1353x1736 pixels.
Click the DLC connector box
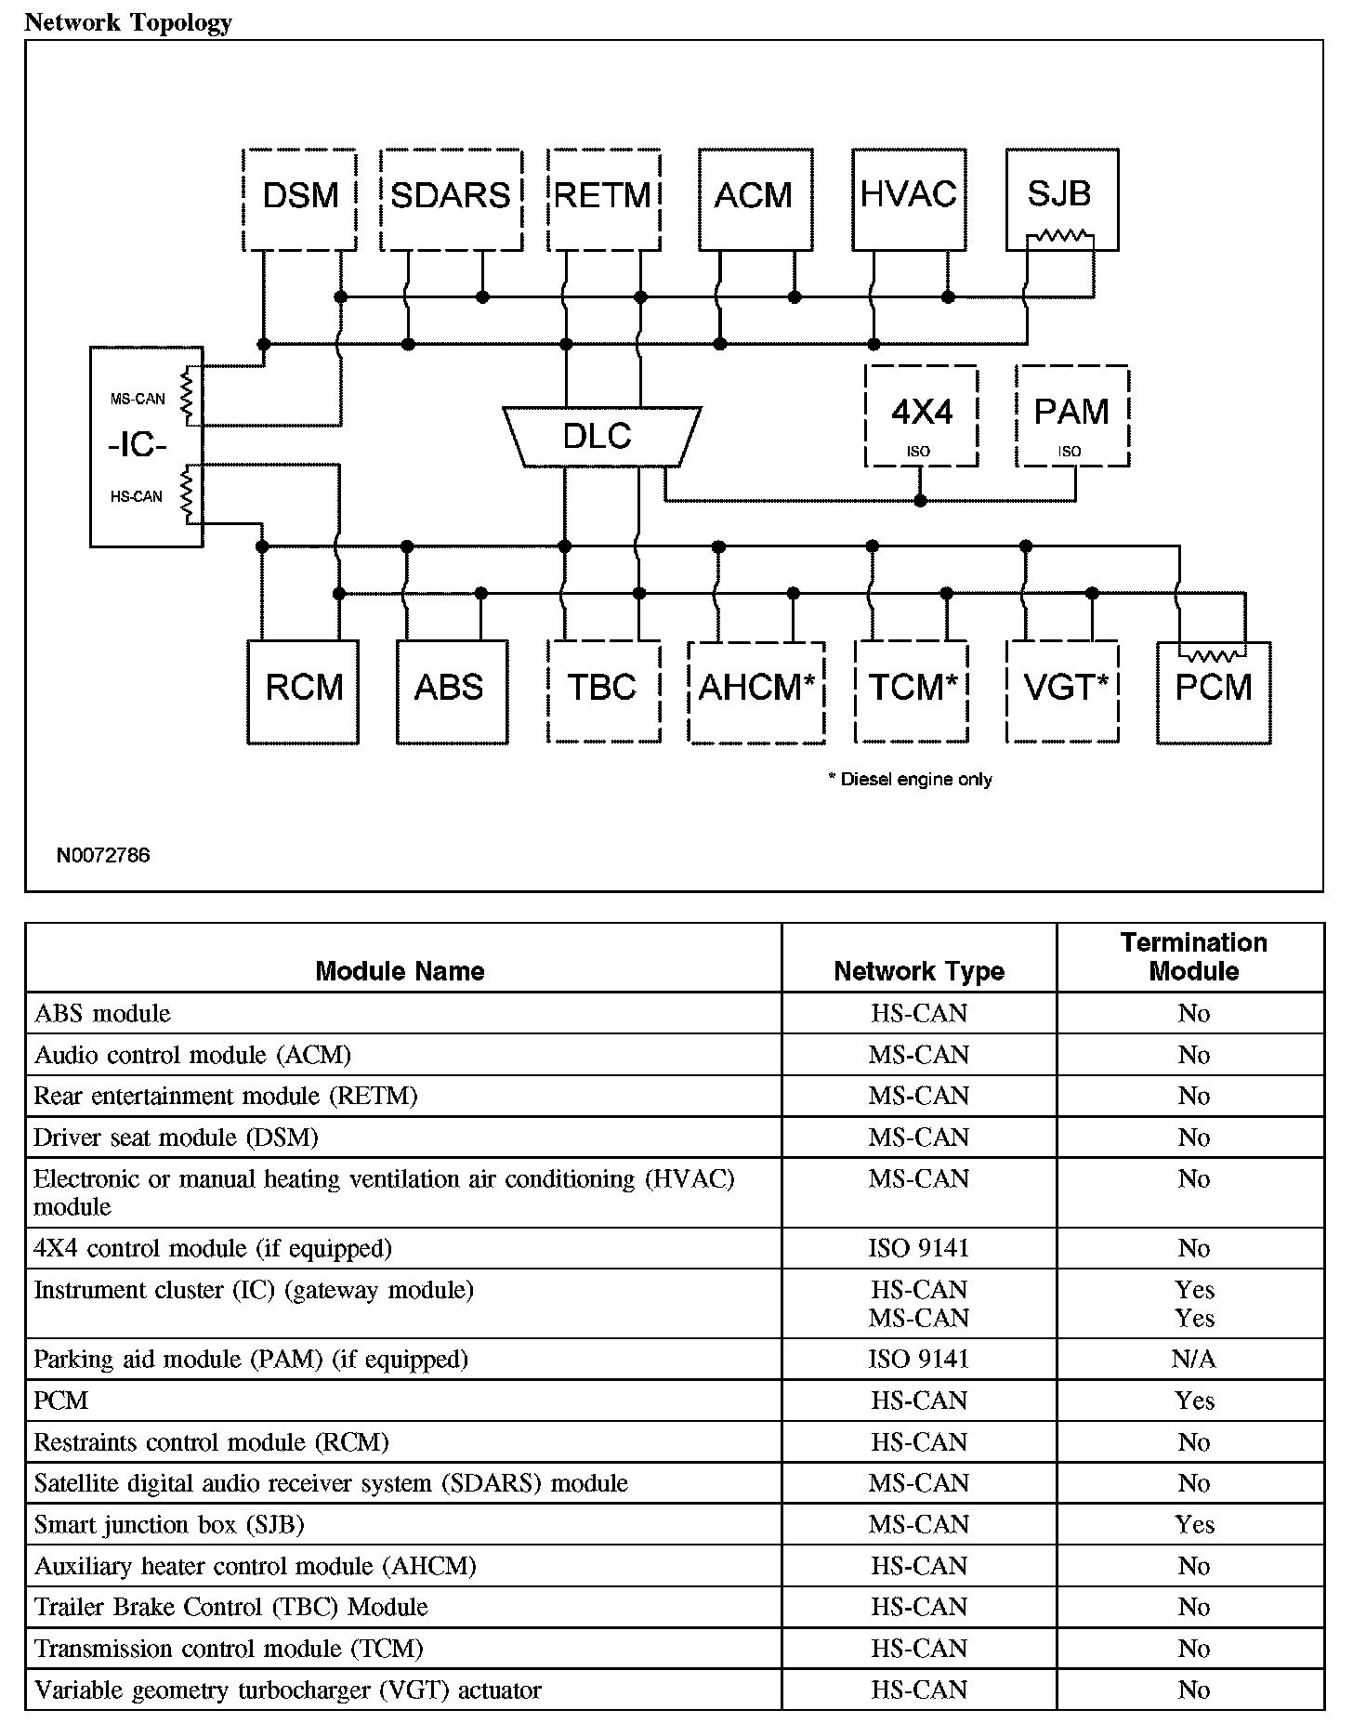(x=600, y=436)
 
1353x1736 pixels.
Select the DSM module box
(x=299, y=199)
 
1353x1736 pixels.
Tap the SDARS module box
(x=451, y=199)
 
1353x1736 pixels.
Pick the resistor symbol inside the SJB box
(x=1059, y=237)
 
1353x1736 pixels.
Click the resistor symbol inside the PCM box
(x=1212, y=656)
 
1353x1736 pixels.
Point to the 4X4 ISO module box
(x=921, y=415)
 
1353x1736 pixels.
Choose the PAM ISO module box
(x=1072, y=415)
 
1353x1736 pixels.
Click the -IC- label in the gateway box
(x=137, y=446)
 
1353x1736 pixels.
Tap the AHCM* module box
(x=755, y=691)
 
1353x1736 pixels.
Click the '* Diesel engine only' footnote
(x=911, y=779)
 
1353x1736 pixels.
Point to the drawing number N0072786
(x=103, y=855)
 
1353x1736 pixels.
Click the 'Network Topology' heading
(x=128, y=22)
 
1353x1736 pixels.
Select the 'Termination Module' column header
(x=1193, y=957)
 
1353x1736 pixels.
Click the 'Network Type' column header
(x=919, y=971)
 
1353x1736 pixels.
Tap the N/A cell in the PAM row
(x=1193, y=1360)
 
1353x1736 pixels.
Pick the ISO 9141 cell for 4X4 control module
(x=919, y=1248)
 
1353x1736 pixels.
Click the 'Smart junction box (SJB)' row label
(x=169, y=1525)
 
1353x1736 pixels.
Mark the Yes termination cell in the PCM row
(x=1193, y=1401)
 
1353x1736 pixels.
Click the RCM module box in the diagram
(x=303, y=691)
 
